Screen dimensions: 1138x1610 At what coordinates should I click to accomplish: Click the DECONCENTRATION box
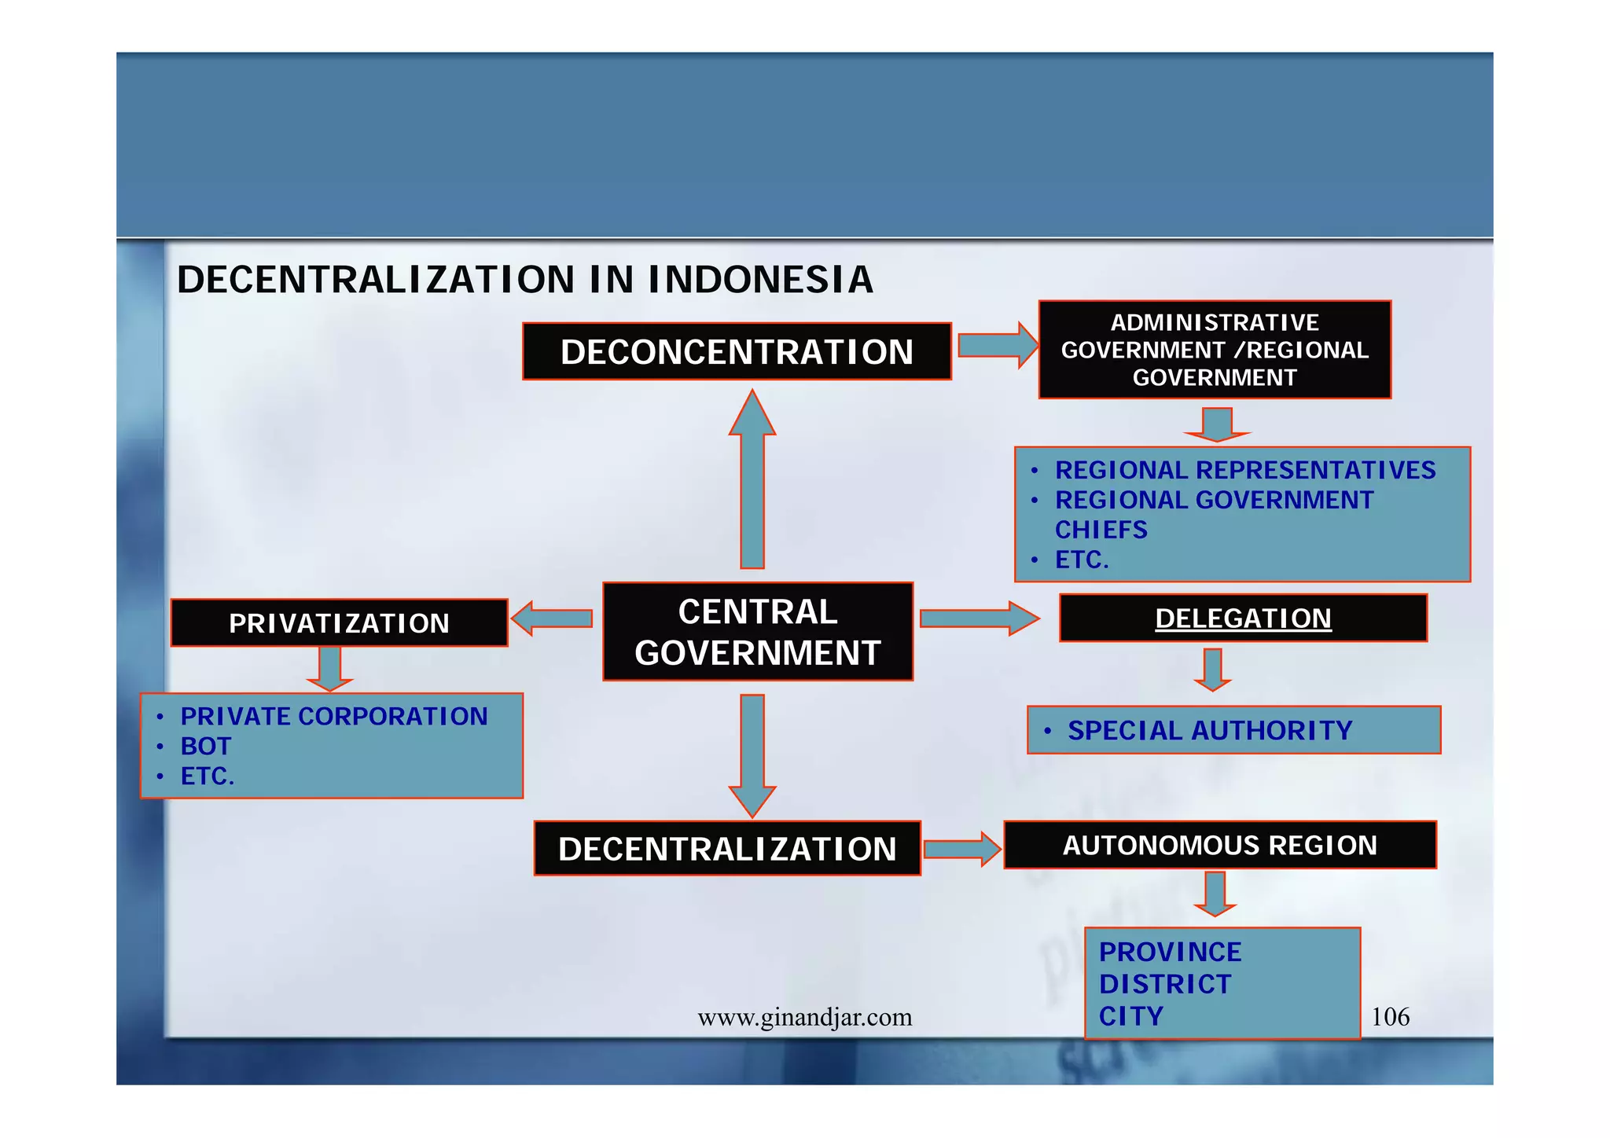point(737,351)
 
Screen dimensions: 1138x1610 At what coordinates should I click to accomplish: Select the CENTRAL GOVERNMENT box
point(757,632)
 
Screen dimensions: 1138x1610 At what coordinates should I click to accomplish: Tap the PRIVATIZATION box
point(339,623)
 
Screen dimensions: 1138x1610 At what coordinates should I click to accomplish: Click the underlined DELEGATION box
point(1242,619)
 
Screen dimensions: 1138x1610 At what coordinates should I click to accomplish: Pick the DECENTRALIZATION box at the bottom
point(726,849)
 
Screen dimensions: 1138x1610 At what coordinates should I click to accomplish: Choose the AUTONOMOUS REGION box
point(1219,846)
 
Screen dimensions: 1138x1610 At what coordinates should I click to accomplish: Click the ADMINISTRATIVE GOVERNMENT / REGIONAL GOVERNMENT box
point(1215,350)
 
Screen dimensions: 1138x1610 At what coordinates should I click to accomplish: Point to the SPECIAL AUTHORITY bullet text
point(1209,731)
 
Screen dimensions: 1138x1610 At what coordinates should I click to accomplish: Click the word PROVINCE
point(1170,952)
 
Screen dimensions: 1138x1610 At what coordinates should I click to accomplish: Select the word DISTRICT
point(1164,984)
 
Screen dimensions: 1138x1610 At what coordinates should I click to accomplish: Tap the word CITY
point(1130,1016)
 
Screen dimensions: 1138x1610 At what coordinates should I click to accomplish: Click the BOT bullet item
point(206,746)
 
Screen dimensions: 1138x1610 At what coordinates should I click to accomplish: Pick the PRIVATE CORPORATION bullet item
point(334,716)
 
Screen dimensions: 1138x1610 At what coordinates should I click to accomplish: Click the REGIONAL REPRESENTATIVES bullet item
point(1244,470)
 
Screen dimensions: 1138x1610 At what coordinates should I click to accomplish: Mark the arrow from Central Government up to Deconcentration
point(752,479)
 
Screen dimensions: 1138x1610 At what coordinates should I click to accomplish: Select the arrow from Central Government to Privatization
point(553,619)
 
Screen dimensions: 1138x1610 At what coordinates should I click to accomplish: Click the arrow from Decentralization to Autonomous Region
point(961,849)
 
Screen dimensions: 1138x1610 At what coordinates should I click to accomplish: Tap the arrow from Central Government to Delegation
point(978,619)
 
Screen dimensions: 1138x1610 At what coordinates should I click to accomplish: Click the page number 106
point(1390,1017)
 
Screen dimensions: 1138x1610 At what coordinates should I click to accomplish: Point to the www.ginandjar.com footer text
point(804,1018)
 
